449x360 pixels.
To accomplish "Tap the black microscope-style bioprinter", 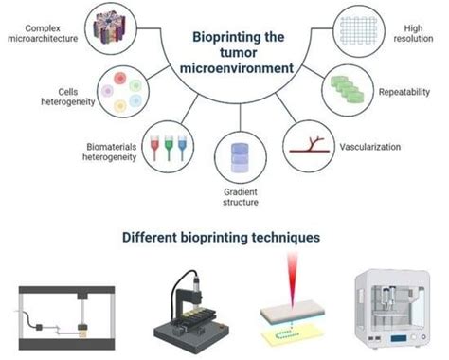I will point(193,307).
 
